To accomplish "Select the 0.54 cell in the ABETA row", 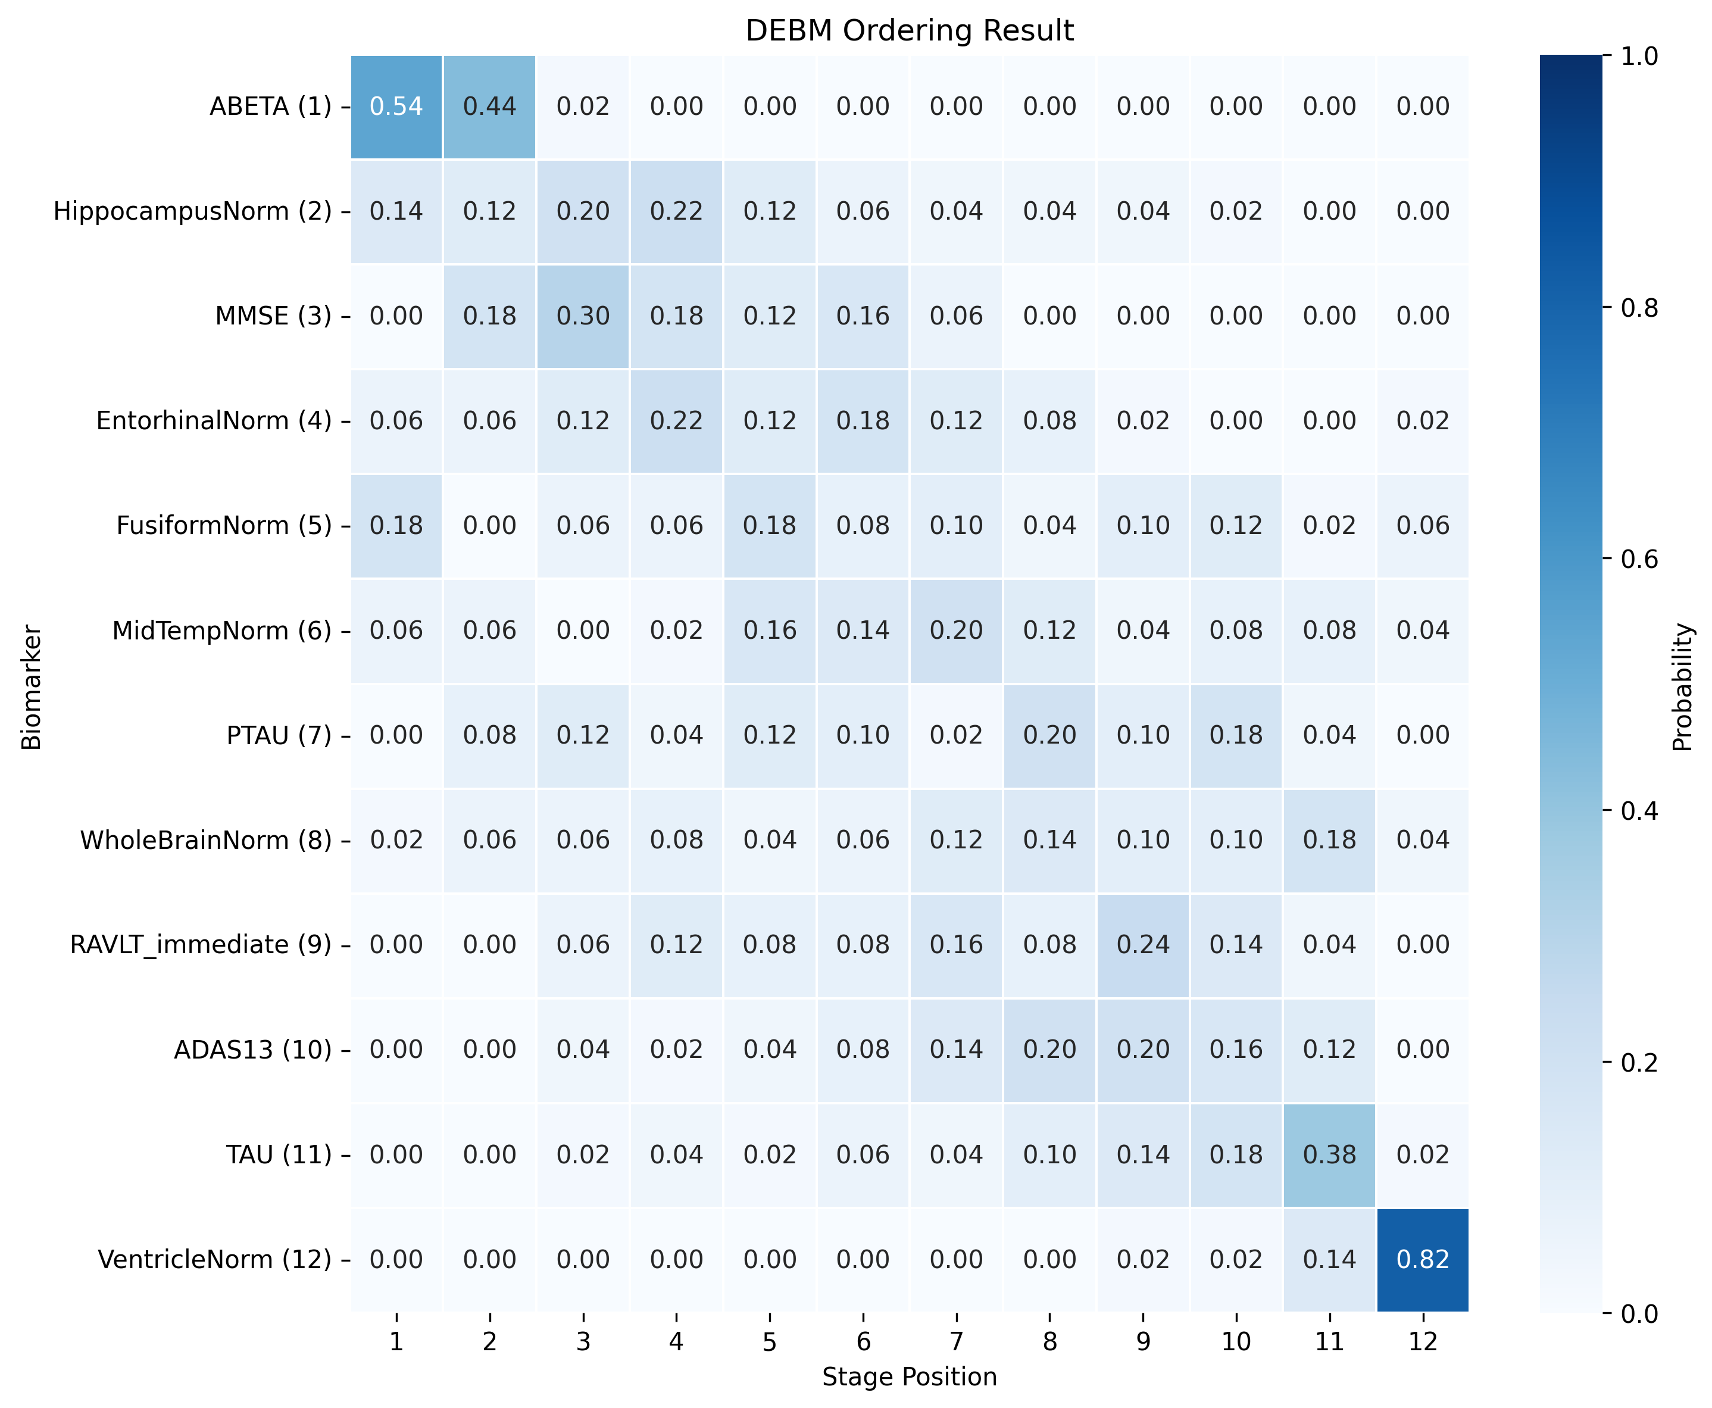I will (x=396, y=106).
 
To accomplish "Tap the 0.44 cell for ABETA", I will (x=489, y=106).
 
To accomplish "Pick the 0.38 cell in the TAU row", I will (x=1329, y=1154).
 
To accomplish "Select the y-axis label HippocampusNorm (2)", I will (x=192, y=211).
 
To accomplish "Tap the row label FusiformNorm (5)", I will (x=224, y=526).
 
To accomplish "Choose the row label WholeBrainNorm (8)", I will (x=206, y=839).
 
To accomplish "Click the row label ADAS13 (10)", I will (x=253, y=1050).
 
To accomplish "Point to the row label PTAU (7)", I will (x=279, y=735).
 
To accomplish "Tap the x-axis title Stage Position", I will (x=909, y=1377).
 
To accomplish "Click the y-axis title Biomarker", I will (x=31, y=687).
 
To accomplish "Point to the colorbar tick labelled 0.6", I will (x=1638, y=559).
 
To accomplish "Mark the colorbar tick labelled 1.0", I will (x=1638, y=56).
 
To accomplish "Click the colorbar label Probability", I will (x=1683, y=687).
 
